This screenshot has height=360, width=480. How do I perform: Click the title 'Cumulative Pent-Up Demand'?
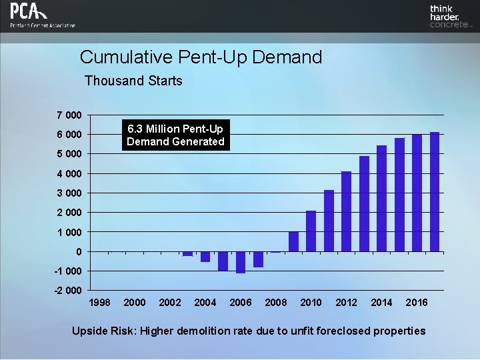pos(201,57)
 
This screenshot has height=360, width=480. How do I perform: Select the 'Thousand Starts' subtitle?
pos(133,81)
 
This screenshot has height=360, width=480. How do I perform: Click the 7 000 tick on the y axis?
pos(69,115)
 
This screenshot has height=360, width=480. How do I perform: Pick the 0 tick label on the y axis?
pos(79,251)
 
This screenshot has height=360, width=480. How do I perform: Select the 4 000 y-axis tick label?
pos(69,174)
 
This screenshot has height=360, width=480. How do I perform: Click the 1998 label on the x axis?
pos(99,303)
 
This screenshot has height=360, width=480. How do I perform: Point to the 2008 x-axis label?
pos(276,303)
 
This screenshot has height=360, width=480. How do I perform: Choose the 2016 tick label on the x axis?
pos(417,303)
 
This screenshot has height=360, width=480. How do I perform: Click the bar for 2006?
pos(241,262)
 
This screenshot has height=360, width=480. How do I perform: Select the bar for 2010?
pos(311,231)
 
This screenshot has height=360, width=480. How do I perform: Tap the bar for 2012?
pos(346,211)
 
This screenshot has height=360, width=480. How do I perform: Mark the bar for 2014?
pos(381,199)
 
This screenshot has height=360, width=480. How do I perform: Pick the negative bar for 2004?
pos(205,257)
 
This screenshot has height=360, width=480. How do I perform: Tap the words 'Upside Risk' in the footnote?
pos(100,331)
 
